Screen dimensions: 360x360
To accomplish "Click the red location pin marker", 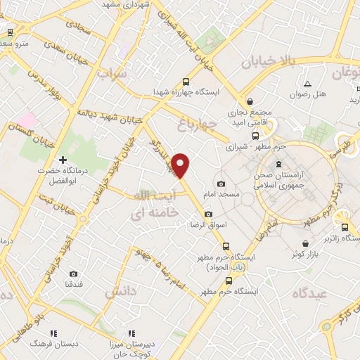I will point(181,165).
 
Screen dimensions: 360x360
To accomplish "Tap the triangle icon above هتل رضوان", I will point(307,84).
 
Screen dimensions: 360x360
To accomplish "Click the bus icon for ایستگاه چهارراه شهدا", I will point(186,82).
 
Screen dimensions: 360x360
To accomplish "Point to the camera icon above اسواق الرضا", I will point(207,214).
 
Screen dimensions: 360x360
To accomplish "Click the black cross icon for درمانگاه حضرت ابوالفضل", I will point(63,160).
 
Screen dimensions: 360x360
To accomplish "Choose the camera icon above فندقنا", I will point(74,274).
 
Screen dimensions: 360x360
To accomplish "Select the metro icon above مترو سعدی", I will point(10,32).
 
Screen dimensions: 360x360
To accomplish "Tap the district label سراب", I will point(112,73).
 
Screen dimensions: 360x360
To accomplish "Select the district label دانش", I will point(121,290).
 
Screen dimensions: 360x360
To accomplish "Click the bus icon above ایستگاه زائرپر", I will point(345,227).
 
